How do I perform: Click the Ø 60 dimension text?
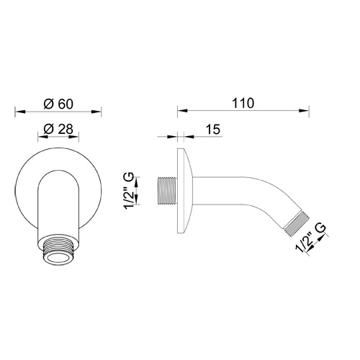tap(58, 103)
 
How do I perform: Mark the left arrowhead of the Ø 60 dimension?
tap(19, 112)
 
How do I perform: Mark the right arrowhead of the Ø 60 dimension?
tap(98, 112)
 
